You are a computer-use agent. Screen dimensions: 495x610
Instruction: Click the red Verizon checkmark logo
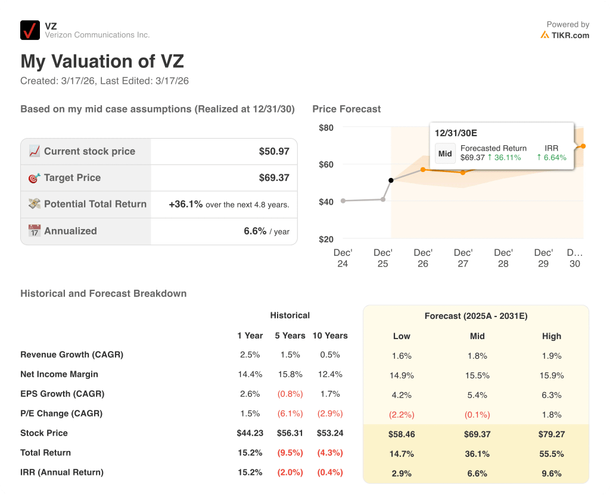click(x=30, y=30)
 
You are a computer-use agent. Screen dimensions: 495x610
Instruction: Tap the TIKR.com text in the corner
click(x=569, y=35)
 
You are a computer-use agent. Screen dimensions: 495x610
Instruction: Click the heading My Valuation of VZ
click(x=102, y=61)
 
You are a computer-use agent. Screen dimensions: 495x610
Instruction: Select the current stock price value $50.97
click(x=274, y=152)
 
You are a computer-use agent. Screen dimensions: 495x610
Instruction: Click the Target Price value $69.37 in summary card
click(x=274, y=178)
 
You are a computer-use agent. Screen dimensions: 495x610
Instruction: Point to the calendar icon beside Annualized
click(x=35, y=231)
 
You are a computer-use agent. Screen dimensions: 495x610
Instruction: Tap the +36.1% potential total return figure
click(x=186, y=204)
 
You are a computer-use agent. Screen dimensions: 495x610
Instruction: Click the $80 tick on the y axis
click(x=326, y=127)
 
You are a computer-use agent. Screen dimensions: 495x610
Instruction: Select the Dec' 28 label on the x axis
click(x=503, y=258)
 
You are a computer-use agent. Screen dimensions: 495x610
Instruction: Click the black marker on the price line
click(x=391, y=180)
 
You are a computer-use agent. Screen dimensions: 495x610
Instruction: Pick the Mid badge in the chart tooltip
click(x=445, y=153)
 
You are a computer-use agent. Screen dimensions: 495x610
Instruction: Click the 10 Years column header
click(x=330, y=336)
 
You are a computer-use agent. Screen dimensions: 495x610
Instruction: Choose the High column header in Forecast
click(x=552, y=336)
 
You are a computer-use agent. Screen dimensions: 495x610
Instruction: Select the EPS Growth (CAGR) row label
click(x=62, y=394)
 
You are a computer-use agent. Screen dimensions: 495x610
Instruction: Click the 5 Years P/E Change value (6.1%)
click(x=290, y=413)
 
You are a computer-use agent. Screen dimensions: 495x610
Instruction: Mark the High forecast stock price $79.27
click(x=552, y=434)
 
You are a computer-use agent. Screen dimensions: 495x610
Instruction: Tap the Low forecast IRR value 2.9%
click(x=402, y=474)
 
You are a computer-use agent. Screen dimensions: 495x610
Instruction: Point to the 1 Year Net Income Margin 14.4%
click(x=250, y=374)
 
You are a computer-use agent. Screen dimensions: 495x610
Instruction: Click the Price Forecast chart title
click(x=346, y=109)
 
